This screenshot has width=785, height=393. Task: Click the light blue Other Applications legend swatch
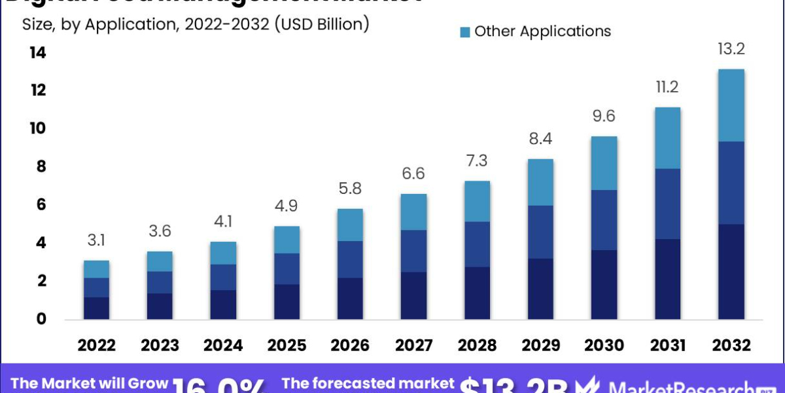[x=465, y=32]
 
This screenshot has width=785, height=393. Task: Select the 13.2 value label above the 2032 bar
[x=731, y=49]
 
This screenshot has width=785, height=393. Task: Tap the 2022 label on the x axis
[x=97, y=345]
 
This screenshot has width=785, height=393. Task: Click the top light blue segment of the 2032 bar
[x=731, y=105]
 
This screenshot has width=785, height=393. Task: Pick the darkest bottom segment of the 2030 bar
[x=604, y=284]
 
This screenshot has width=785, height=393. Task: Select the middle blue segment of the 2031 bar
[x=667, y=204]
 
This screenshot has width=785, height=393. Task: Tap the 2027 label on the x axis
[x=413, y=345]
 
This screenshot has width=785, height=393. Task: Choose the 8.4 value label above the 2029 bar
[x=540, y=140]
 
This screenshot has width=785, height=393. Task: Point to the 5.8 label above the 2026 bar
[x=350, y=190]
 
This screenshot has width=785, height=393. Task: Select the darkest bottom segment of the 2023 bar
[x=160, y=306]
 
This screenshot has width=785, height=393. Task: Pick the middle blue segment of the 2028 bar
[x=477, y=244]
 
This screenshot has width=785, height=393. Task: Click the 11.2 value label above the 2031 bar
[x=667, y=87]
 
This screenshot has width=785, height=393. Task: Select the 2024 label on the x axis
[x=224, y=345]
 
